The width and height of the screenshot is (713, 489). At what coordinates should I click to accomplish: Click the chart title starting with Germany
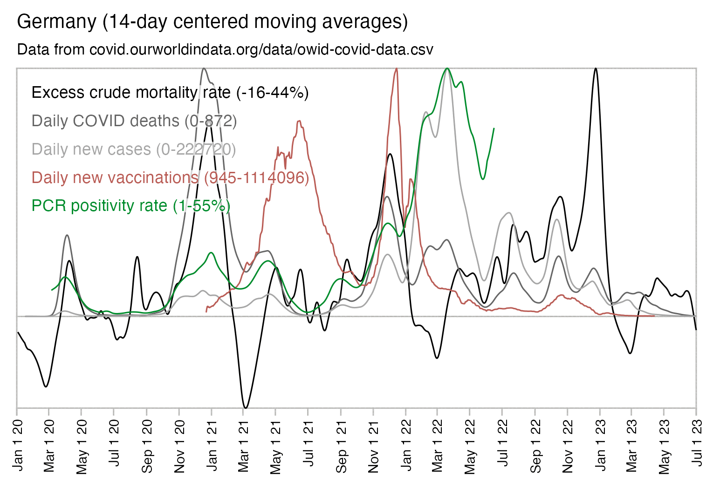coord(212,22)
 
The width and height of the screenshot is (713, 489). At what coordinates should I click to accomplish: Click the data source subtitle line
coord(225,49)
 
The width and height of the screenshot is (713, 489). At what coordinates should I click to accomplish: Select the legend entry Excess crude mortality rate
coord(170,93)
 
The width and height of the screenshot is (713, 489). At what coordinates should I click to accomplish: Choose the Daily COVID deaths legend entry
coord(134,121)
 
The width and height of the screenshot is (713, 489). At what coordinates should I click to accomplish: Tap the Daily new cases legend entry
coord(134,149)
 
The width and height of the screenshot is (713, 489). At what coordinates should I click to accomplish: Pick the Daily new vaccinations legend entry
coord(170,178)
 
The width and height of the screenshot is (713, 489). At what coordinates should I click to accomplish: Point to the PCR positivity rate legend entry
coord(130,206)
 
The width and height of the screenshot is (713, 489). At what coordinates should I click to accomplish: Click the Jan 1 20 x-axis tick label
coord(18,444)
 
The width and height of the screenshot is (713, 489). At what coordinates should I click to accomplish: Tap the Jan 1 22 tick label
coord(406,444)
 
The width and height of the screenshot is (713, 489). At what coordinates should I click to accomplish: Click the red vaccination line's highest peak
coord(397,68)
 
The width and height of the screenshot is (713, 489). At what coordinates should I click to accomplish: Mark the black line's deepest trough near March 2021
coord(246,408)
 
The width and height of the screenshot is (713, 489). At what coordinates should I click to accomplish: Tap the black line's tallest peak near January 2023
coord(596,68)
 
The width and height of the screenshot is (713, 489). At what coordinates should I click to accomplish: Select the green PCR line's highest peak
coord(447,68)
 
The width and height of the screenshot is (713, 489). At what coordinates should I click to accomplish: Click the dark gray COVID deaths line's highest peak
coord(204,68)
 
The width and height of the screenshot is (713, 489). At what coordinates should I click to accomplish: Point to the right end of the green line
coord(494,128)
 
